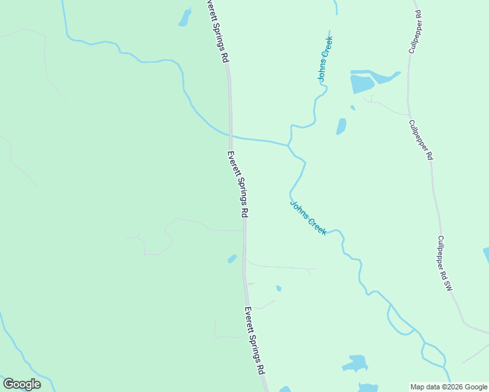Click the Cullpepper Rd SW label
[445, 263]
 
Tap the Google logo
[22, 384]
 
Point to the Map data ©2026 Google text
[448, 387]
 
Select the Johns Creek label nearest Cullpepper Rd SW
[308, 217]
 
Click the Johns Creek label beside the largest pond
[326, 58]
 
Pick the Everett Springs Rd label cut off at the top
[217, 30]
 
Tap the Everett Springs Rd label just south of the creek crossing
[237, 184]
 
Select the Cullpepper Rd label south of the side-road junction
[421, 140]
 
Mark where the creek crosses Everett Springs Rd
[230, 137]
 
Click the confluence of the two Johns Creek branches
[289, 143]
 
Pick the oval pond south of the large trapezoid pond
[341, 126]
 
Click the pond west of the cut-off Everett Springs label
[184, 18]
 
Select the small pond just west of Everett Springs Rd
[232, 259]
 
